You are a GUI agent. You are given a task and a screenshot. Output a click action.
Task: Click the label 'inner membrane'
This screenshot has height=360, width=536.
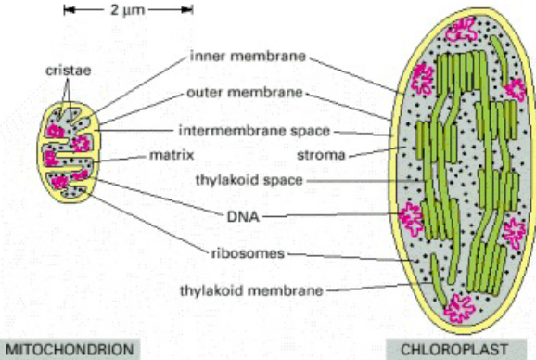click(x=248, y=56)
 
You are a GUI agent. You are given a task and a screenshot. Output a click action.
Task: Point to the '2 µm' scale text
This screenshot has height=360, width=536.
click(x=127, y=12)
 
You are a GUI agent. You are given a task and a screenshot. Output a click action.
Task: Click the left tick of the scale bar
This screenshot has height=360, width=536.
click(x=66, y=12)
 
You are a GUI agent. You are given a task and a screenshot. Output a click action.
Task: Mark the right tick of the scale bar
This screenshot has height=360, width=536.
click(x=192, y=12)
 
